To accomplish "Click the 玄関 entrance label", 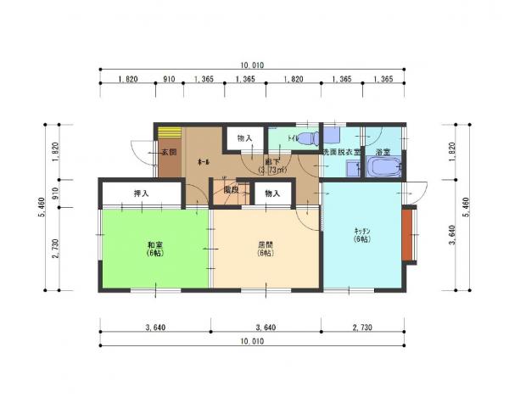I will [x=168, y=153].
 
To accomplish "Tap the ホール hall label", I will [x=204, y=161].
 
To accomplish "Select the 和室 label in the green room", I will [x=154, y=249].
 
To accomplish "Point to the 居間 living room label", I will [x=266, y=249].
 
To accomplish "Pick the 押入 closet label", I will [x=141, y=194].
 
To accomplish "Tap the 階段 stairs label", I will [x=231, y=191].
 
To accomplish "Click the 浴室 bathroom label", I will [x=382, y=152].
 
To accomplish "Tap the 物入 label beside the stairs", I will [x=272, y=194].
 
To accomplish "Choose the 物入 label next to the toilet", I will [x=244, y=137].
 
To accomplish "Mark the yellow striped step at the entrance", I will [x=170, y=133].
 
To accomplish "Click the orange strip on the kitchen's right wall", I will [x=408, y=233].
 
